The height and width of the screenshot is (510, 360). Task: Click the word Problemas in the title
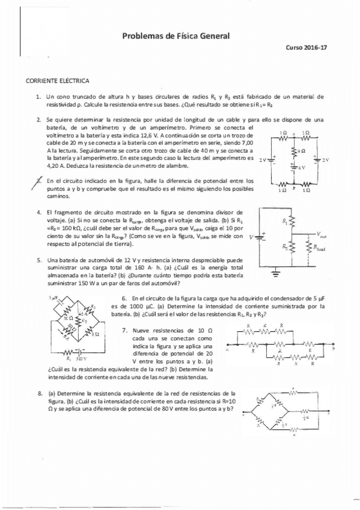[x=141, y=36]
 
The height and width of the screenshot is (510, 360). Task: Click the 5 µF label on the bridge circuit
[x=52, y=298]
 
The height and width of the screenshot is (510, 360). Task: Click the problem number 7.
[x=124, y=330]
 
